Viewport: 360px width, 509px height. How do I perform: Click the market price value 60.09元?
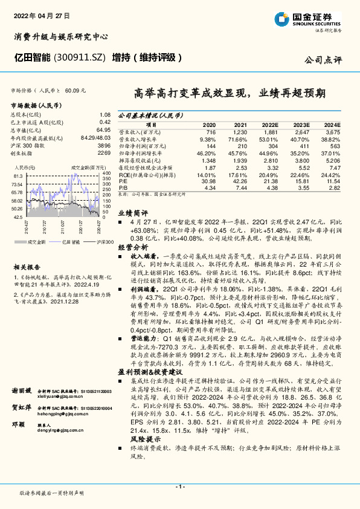75,89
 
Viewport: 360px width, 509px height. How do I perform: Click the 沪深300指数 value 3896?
103,146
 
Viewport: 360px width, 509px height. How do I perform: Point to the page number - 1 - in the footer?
179,486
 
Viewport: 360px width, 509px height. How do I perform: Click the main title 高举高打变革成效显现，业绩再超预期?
230,94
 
